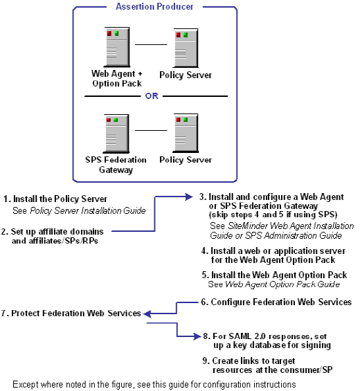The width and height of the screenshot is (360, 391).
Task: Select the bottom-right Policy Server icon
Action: (x=185, y=132)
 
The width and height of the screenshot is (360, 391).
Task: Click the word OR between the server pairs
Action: (x=152, y=96)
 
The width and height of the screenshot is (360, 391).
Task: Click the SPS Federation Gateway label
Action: (x=114, y=165)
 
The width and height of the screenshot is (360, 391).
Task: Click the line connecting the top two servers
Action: (x=151, y=44)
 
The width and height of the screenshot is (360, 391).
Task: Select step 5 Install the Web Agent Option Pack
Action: (x=273, y=275)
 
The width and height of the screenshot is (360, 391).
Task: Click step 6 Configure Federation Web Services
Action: (x=276, y=302)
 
